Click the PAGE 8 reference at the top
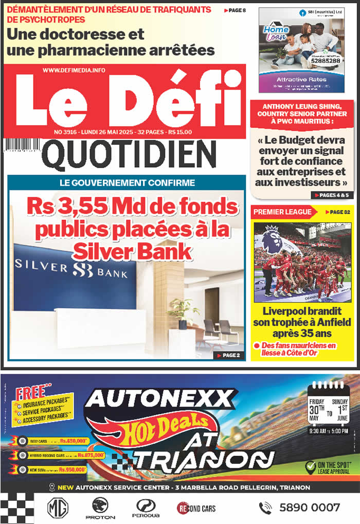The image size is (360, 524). [235, 10]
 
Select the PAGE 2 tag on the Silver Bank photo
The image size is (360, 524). [228, 355]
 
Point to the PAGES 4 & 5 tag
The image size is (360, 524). [330, 195]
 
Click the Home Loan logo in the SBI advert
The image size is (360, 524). [276, 33]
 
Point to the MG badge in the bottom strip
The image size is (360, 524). [56, 508]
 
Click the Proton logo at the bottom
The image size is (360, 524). [100, 508]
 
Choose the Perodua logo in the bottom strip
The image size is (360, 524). [146, 508]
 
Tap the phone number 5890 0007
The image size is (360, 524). [309, 508]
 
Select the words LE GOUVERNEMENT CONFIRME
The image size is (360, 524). [127, 183]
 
